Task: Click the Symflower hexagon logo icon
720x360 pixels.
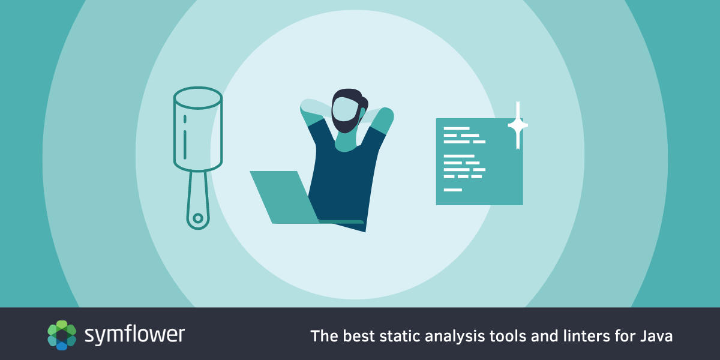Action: pos(62,335)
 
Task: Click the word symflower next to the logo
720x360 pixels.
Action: pos(134,335)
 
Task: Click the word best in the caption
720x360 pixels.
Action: pos(359,336)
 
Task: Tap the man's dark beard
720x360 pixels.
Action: pos(344,124)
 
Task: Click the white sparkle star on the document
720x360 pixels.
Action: pos(518,125)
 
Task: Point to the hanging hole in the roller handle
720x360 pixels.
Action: pos(198,218)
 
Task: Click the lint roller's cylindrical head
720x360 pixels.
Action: pos(198,128)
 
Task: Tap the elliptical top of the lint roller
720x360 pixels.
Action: pos(198,98)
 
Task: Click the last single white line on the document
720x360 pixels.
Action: pos(452,190)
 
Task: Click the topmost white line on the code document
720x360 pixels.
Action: pos(457,128)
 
